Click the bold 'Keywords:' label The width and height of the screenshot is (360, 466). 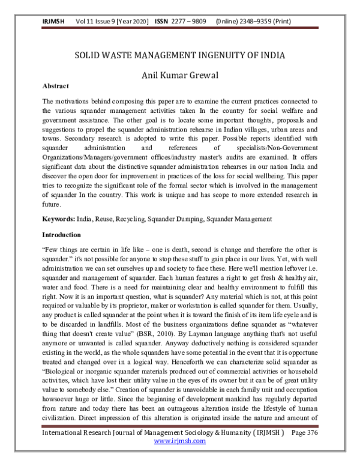click(x=59, y=220)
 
